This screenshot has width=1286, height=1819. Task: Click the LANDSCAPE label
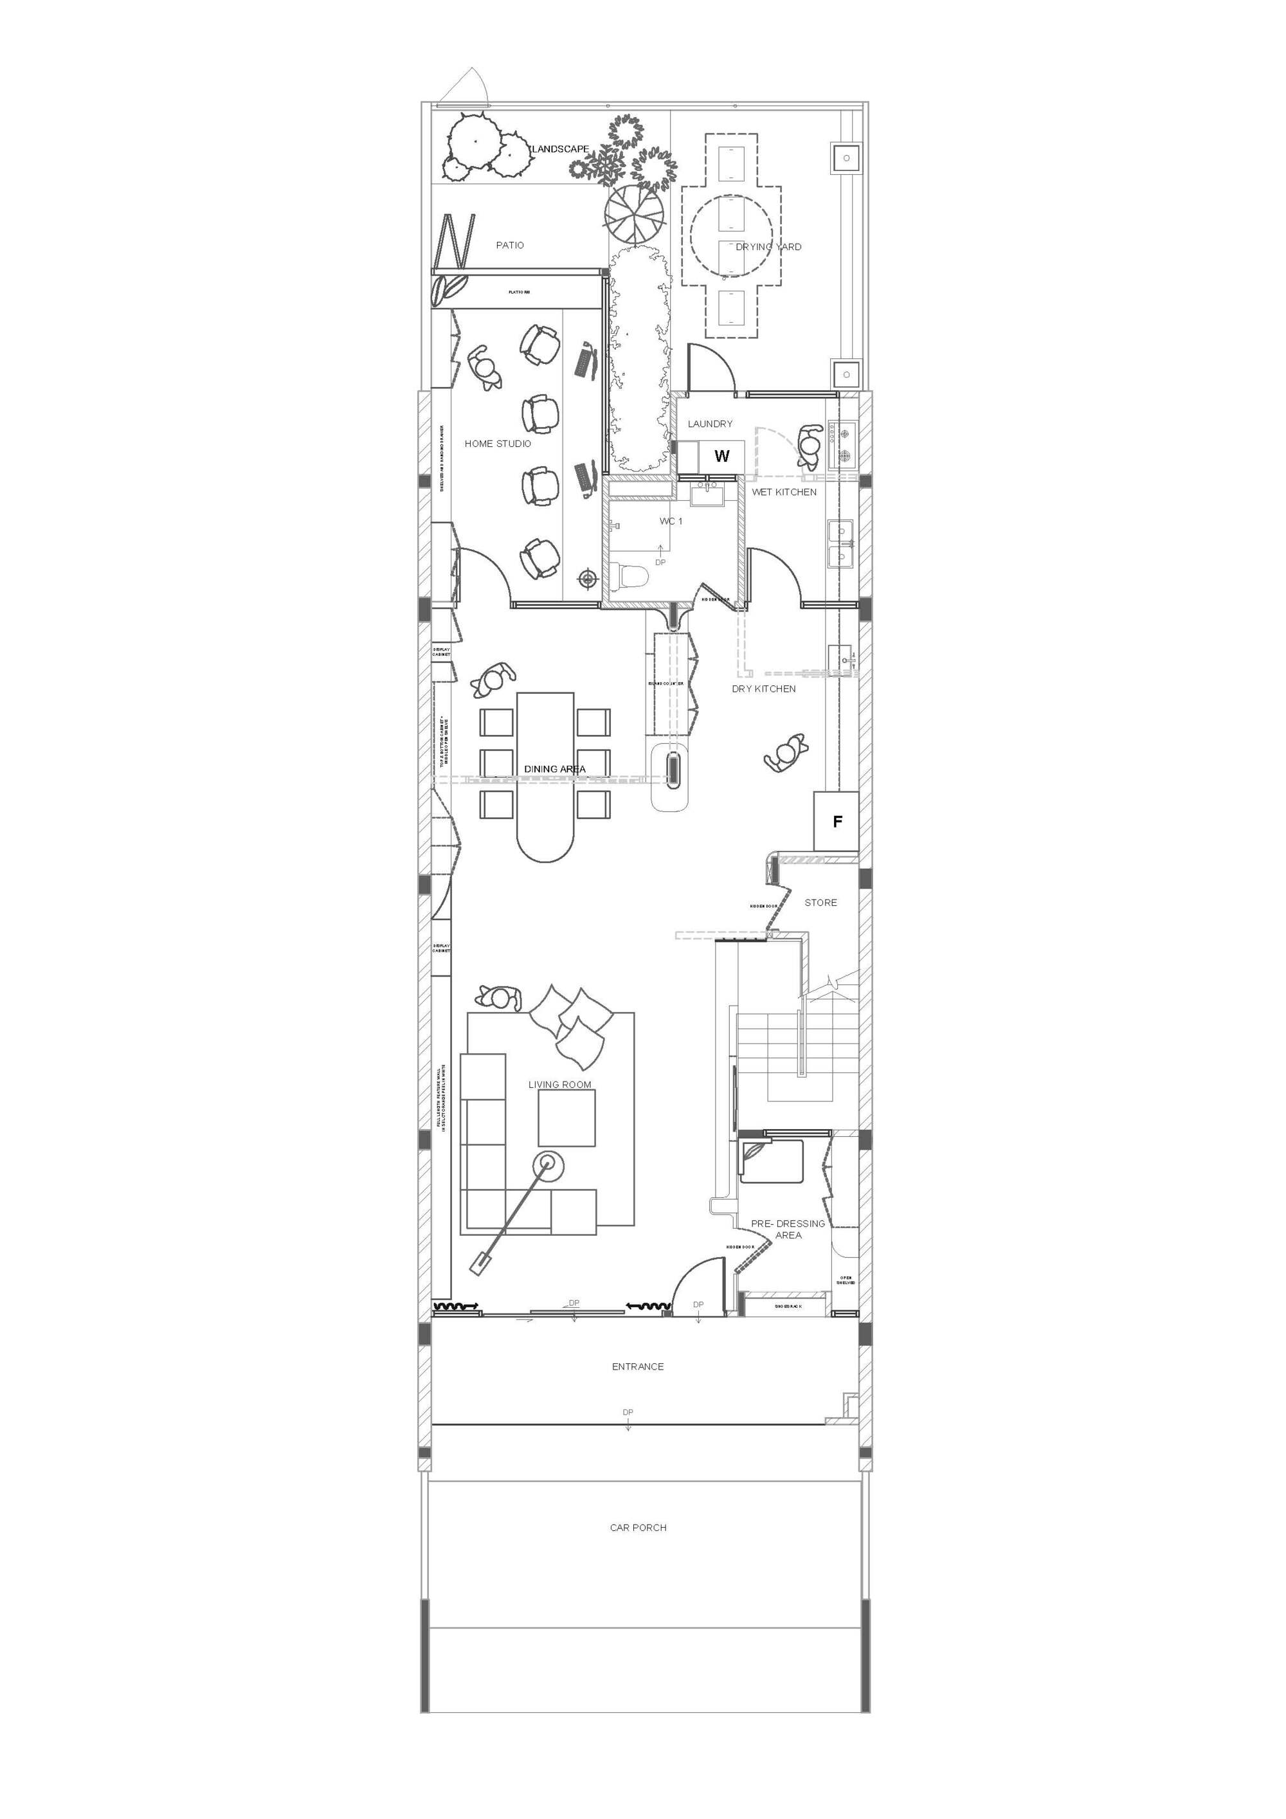[560, 149]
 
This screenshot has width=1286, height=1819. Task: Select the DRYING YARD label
[768, 246]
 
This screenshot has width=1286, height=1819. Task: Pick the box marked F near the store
[837, 822]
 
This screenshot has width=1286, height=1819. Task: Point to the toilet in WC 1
[631, 575]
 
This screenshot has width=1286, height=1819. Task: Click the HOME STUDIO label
[498, 444]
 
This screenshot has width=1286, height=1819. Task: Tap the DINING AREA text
[555, 769]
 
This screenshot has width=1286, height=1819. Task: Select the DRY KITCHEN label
[763, 689]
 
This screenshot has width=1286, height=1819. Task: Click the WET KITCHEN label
[784, 492]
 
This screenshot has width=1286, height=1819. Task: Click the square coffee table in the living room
[566, 1118]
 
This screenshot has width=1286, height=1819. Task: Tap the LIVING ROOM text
[559, 1085]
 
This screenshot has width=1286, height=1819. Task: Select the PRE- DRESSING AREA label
[788, 1229]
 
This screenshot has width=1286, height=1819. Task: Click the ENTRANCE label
[638, 1366]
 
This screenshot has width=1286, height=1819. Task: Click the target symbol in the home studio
[587, 579]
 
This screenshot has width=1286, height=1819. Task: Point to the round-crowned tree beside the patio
[634, 212]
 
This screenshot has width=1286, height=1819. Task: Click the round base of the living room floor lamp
[547, 1164]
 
